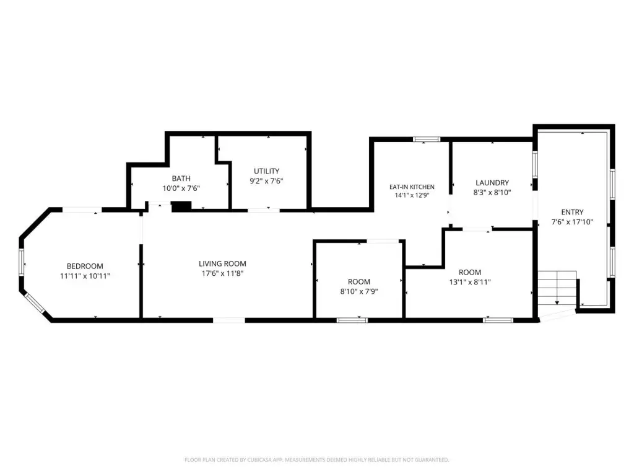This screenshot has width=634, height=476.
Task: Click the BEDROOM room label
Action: coord(85,266)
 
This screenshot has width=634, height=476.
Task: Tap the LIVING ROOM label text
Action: coord(222,263)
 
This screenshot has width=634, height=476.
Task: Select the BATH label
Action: coord(181,178)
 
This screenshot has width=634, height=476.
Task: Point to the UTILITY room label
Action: coord(266,171)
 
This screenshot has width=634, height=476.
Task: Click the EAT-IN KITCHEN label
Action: coord(412,187)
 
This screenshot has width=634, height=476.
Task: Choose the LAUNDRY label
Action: coord(492,183)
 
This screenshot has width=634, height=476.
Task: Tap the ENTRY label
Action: coord(572,212)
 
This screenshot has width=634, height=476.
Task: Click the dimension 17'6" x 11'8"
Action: coord(222,273)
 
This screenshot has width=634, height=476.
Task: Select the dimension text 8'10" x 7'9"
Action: coord(359,291)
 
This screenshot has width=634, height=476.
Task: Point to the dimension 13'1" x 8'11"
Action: coord(470,282)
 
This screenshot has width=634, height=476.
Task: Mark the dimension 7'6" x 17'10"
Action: coord(572,222)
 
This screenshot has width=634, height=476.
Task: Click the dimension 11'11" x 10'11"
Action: coord(85,276)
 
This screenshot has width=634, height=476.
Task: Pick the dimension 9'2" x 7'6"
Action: coord(266,181)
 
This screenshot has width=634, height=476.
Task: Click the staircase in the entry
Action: coord(557,289)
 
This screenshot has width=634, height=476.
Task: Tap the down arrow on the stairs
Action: coord(557,302)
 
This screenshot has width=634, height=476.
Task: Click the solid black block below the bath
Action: coord(181,206)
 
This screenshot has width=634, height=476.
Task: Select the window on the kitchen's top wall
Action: coord(427,139)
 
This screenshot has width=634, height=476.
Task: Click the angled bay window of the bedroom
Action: coord(34,302)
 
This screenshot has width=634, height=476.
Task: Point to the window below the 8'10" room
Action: coord(352,320)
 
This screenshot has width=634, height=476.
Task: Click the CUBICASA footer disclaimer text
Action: coord(316,460)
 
